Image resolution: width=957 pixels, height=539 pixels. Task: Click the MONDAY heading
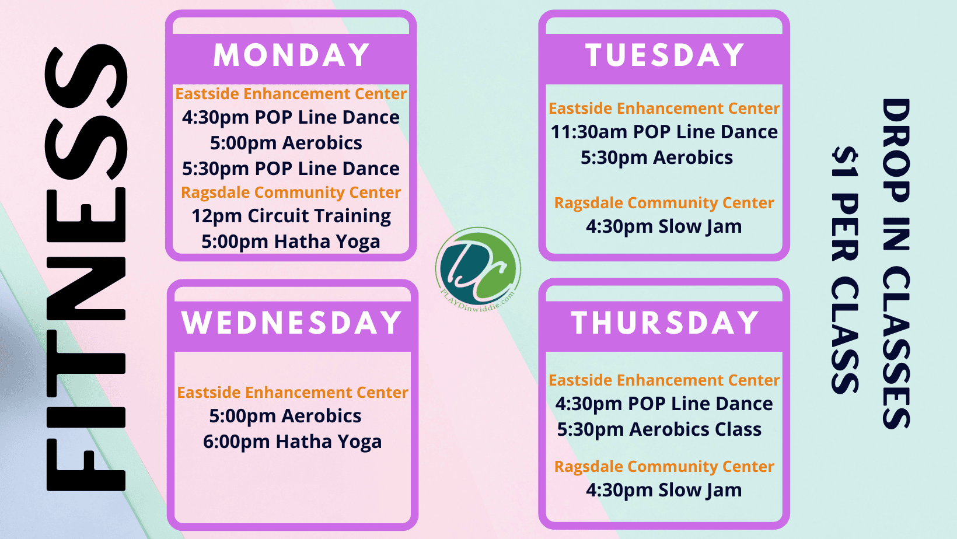(x=291, y=55)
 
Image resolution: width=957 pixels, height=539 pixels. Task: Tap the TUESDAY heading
(x=665, y=55)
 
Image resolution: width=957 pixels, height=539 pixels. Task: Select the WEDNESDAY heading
(x=292, y=323)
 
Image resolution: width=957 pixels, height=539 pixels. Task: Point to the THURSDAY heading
(x=665, y=323)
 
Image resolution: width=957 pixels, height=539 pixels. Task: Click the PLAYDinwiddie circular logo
(x=478, y=269)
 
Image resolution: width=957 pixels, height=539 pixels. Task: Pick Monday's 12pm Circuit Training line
(x=291, y=216)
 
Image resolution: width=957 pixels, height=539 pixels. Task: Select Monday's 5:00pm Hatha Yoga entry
(x=291, y=242)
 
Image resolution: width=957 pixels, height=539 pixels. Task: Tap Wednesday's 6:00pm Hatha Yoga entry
(x=292, y=442)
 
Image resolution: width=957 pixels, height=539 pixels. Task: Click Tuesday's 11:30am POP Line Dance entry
(x=664, y=132)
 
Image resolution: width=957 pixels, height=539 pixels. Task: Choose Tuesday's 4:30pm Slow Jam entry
(x=664, y=226)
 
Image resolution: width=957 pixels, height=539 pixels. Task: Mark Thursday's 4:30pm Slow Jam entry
(x=664, y=490)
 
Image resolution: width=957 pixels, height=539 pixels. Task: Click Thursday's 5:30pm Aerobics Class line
(x=659, y=429)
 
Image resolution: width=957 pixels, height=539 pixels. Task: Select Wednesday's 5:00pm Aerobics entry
(x=285, y=416)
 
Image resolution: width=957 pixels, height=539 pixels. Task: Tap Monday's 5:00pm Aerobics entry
(x=286, y=143)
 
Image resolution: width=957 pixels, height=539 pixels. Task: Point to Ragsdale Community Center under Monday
(x=291, y=192)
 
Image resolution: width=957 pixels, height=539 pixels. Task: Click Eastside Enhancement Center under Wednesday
(x=293, y=392)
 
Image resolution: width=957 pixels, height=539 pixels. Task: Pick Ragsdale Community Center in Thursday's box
(x=664, y=467)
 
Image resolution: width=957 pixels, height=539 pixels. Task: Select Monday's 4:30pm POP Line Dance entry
(x=291, y=117)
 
